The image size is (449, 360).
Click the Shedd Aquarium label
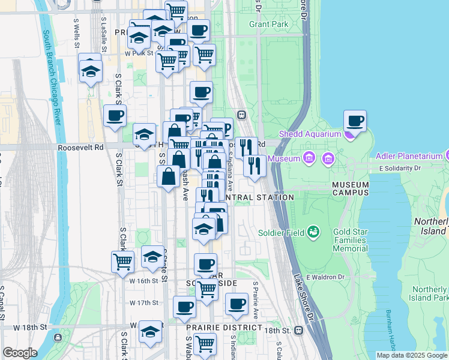pyautogui.click(x=309, y=134)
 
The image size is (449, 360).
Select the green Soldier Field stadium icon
pyautogui.click(x=313, y=232)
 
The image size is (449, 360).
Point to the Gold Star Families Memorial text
pyautogui.click(x=342, y=240)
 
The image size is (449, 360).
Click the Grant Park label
pyautogui.click(x=268, y=25)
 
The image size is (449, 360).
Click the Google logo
pyautogui.click(x=20, y=352)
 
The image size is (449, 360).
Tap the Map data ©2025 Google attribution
pyautogui.click(x=412, y=355)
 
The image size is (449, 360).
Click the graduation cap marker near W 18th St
pyautogui.click(x=149, y=332)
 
